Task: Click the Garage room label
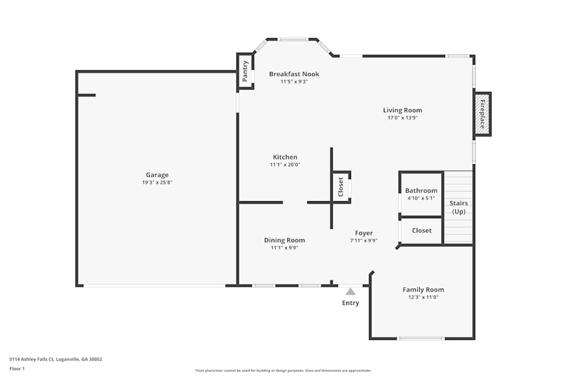pyautogui.click(x=157, y=175)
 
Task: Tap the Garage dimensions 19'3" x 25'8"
pyautogui.click(x=157, y=182)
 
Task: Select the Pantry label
pyautogui.click(x=245, y=71)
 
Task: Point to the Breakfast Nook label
pyautogui.click(x=294, y=74)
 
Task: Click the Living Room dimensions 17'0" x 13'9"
pyautogui.click(x=403, y=118)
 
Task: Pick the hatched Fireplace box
pyautogui.click(x=483, y=114)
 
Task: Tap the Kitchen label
pyautogui.click(x=285, y=157)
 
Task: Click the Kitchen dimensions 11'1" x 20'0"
pyautogui.click(x=285, y=165)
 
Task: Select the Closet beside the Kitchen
pyautogui.click(x=341, y=187)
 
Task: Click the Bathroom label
pyautogui.click(x=421, y=190)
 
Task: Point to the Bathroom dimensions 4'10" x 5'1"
pyautogui.click(x=421, y=198)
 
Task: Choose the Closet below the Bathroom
pyautogui.click(x=422, y=231)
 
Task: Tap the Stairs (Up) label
pyautogui.click(x=459, y=207)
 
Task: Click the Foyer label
pyautogui.click(x=364, y=233)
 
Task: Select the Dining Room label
pyautogui.click(x=284, y=240)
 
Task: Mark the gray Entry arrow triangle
pyautogui.click(x=350, y=292)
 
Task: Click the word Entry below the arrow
pyautogui.click(x=350, y=303)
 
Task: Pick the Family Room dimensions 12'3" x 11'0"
pyautogui.click(x=423, y=298)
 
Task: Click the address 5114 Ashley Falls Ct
pyautogui.click(x=31, y=359)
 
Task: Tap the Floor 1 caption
pyautogui.click(x=17, y=368)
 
